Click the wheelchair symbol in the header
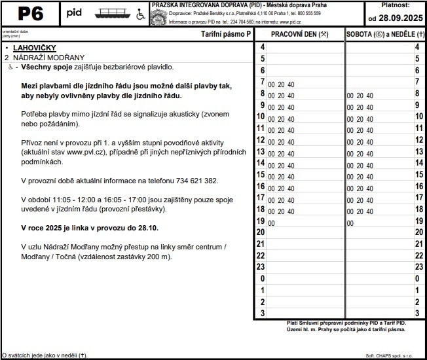pos(140,14)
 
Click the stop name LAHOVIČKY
pos(34,48)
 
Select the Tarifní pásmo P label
pos(225,33)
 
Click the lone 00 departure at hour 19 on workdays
pos(271,223)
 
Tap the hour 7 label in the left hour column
pos(262,81)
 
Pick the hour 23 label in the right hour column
pos(417,266)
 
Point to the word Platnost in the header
pos(394,5)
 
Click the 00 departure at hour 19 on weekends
pos(350,223)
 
